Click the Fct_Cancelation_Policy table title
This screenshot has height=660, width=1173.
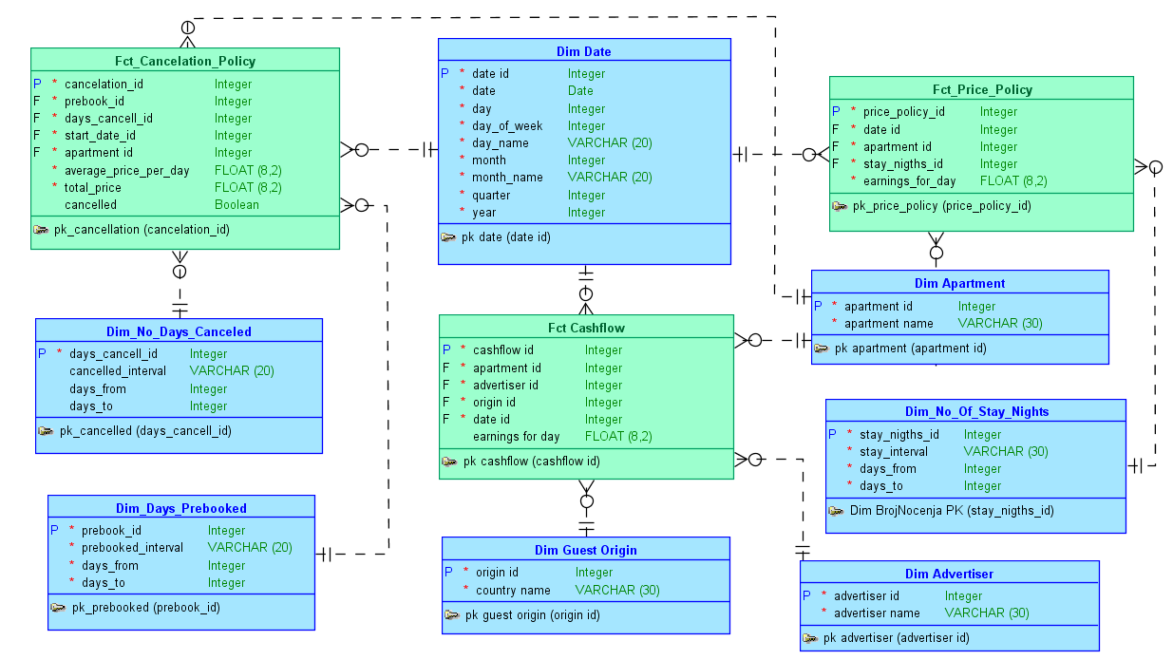(185, 61)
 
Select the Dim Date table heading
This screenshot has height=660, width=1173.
(583, 51)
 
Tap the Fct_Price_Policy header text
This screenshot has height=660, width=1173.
(981, 89)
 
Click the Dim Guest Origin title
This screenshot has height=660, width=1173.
(585, 550)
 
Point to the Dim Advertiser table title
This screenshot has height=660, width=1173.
(949, 574)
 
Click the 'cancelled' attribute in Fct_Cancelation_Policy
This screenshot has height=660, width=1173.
(90, 204)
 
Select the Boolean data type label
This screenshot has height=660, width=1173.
(236, 204)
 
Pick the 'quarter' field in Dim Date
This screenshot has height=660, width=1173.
(491, 195)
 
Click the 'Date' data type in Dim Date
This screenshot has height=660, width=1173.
(580, 91)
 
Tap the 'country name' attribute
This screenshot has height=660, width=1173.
(513, 590)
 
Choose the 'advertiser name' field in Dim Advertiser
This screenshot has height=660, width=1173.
(877, 613)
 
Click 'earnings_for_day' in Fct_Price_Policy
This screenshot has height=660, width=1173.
(909, 180)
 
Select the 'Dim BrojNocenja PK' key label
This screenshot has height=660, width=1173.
(952, 510)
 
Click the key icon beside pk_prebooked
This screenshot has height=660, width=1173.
(58, 607)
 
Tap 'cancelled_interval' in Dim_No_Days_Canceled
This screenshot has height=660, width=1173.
(118, 370)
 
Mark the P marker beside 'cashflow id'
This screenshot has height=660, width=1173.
(446, 349)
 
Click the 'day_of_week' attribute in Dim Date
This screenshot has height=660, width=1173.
(507, 125)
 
